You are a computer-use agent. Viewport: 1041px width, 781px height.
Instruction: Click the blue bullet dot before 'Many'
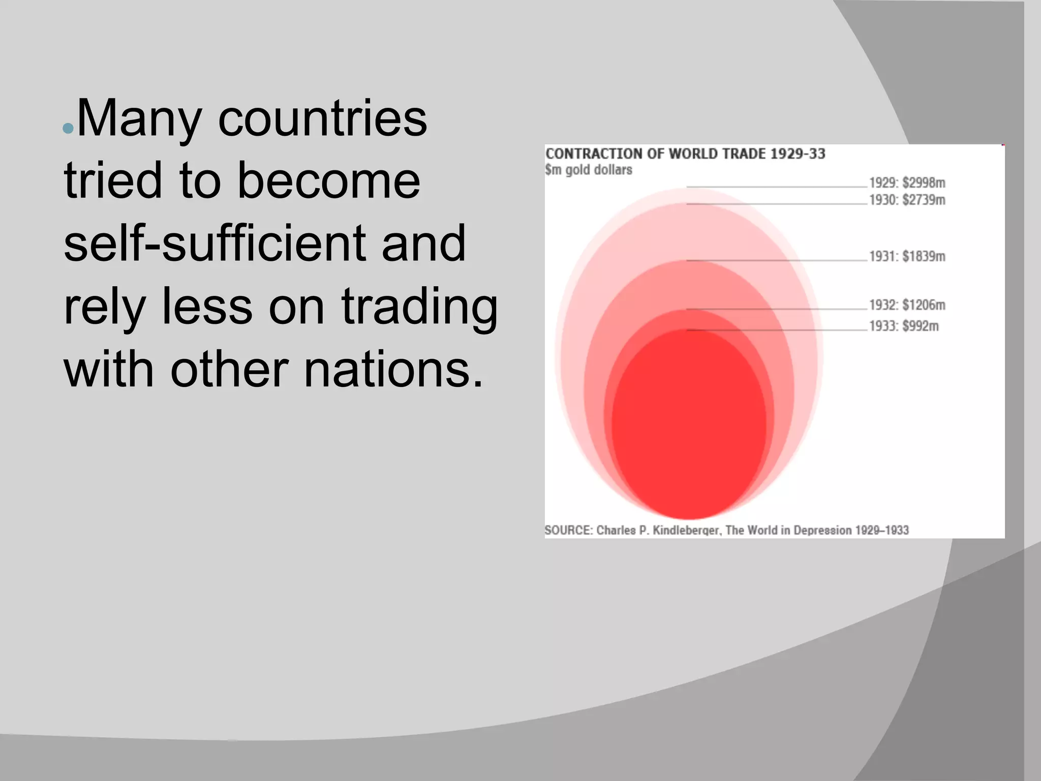68,128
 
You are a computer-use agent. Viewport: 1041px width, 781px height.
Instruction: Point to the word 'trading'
419,307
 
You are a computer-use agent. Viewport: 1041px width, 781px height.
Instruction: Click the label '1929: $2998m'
907,183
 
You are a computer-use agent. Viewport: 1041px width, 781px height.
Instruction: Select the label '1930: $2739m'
907,200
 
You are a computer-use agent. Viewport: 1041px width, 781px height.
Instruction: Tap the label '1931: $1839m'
907,256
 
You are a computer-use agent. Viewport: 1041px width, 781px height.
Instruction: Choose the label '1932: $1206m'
907,305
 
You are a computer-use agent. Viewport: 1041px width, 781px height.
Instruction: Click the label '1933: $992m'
903,326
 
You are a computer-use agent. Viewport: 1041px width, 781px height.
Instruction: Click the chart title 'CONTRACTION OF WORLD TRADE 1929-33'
685,154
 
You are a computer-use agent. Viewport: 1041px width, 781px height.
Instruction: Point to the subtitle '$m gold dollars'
589,170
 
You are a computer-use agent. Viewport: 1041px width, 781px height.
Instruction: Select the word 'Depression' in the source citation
822,530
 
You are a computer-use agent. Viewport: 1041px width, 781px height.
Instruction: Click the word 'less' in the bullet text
207,307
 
